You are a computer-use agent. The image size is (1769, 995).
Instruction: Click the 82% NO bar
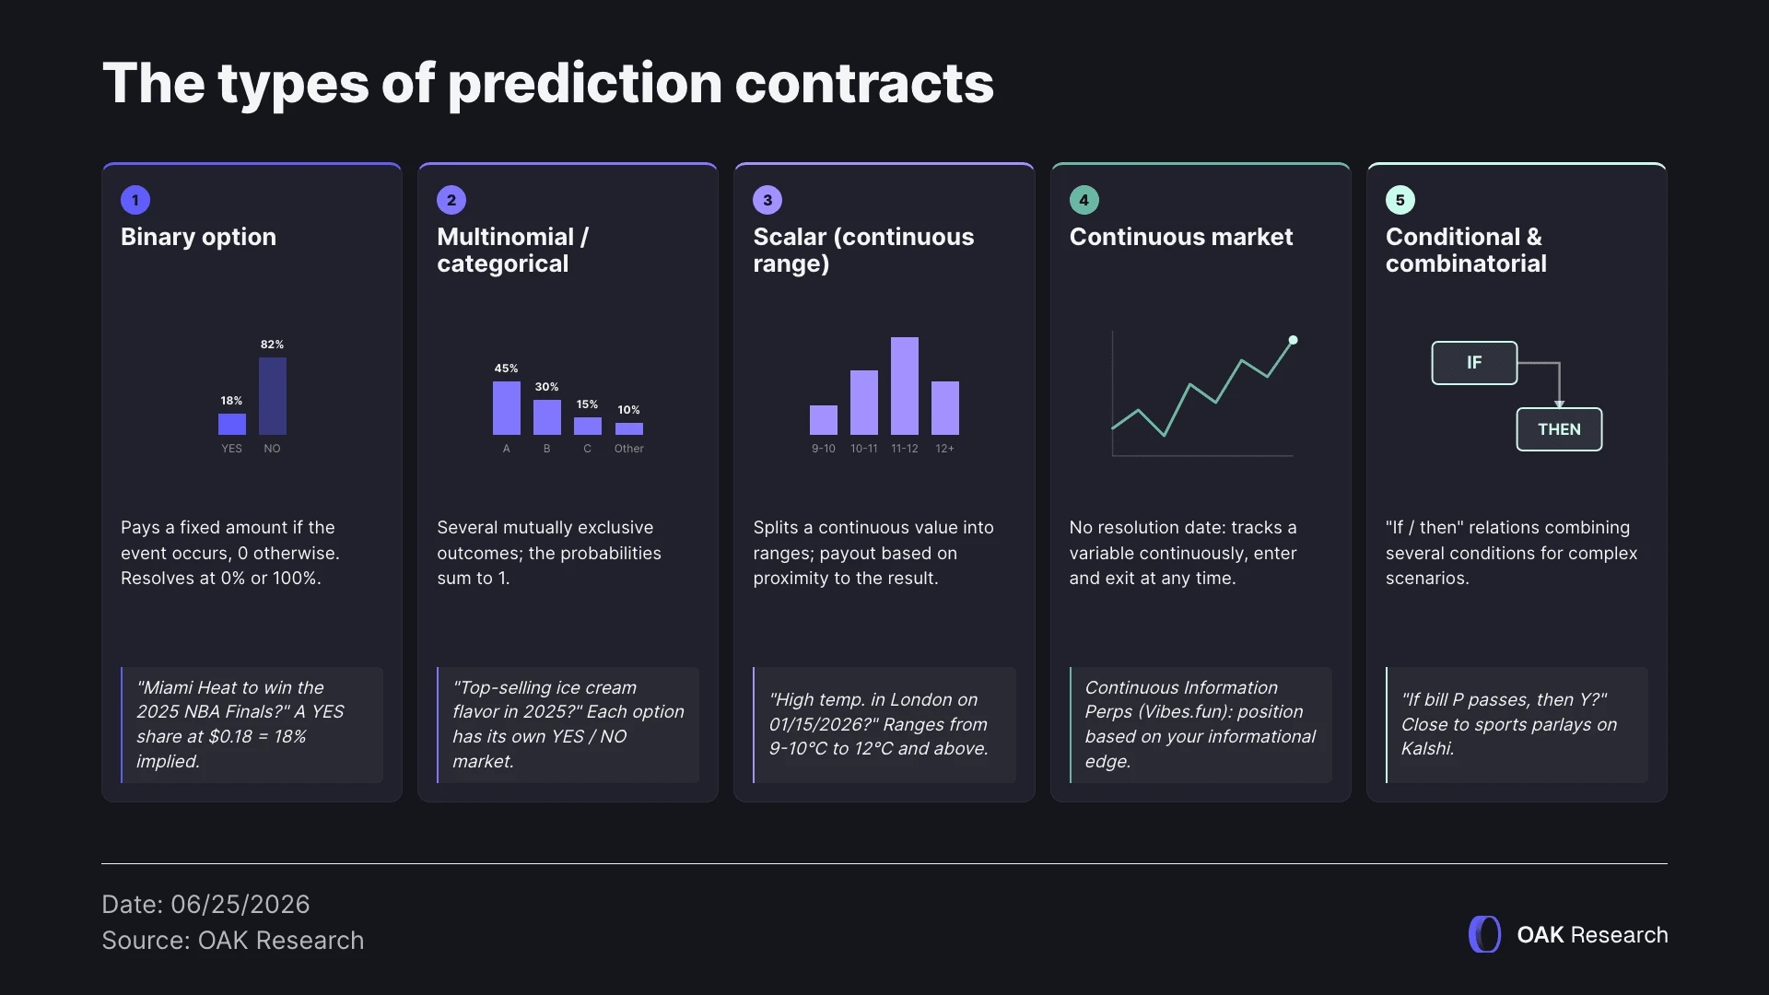272,396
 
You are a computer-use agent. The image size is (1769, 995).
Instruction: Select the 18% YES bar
231,424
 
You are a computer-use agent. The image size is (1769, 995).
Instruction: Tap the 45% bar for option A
506,408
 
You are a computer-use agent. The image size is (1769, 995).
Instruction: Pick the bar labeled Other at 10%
628,428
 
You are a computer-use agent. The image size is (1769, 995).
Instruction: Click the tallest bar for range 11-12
904,386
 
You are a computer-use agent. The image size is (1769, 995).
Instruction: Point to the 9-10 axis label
823,449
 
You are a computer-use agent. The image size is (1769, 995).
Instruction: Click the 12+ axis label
944,449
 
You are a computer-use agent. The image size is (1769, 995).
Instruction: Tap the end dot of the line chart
1293,340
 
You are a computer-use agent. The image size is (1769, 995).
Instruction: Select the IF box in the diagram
1474,363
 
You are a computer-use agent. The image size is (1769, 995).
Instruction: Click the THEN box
1559,429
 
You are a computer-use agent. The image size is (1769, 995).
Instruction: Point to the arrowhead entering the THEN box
1559,404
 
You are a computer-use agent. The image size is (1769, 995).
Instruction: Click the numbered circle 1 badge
135,200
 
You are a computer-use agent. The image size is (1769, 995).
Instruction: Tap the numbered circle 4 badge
1084,200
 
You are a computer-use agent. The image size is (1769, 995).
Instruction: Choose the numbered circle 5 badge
1400,200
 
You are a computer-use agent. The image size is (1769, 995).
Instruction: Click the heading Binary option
198,237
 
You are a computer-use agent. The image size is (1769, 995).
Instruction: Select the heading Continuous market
1181,237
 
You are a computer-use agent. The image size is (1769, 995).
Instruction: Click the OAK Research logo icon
1484,934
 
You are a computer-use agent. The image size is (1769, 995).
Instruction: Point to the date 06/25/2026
240,904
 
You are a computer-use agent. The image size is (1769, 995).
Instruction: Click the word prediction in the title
585,84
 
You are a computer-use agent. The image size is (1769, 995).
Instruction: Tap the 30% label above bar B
546,387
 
